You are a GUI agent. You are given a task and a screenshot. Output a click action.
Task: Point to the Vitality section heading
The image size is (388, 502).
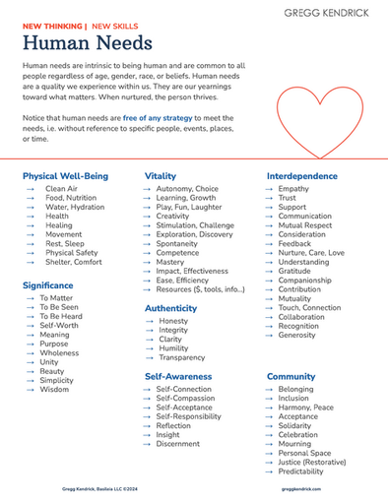tap(161, 175)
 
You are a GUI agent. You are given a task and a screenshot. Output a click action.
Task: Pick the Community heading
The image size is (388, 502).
tap(291, 376)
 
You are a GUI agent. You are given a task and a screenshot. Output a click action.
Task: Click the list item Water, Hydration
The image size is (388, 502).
tap(74, 208)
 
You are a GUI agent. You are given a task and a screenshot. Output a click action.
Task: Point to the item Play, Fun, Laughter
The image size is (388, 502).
tap(188, 208)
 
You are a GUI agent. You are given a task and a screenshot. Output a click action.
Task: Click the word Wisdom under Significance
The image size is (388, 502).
tap(54, 390)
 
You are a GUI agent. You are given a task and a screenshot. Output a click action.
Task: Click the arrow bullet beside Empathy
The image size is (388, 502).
tap(269, 189)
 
